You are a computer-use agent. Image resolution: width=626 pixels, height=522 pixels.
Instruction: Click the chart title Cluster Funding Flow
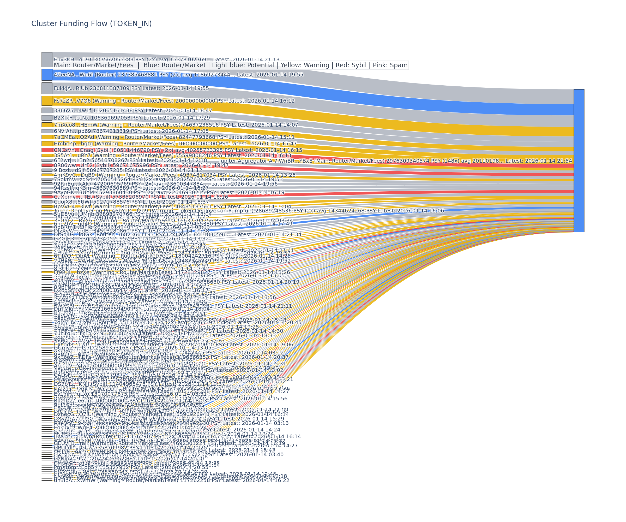(x=91, y=23)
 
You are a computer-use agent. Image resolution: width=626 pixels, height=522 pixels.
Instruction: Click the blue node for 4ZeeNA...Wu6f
(x=47, y=75)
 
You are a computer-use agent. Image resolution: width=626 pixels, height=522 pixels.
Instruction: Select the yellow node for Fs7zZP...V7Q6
(x=47, y=101)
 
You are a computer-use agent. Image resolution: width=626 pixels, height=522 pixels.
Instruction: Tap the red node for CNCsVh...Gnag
(x=47, y=150)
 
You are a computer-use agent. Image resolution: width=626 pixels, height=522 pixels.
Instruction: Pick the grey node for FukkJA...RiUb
(x=47, y=88)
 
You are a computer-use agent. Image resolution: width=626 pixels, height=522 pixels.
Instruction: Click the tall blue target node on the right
(x=579, y=161)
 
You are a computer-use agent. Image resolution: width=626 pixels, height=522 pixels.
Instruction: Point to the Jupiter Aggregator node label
(x=395, y=161)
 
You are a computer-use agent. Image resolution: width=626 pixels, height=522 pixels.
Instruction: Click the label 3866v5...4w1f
(x=133, y=110)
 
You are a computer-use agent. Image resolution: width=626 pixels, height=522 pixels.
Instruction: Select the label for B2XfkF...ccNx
(x=131, y=118)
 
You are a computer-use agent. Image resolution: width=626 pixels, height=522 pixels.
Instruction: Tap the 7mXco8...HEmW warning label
(x=176, y=125)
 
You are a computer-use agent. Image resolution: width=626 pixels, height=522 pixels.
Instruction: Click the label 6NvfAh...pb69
(x=131, y=131)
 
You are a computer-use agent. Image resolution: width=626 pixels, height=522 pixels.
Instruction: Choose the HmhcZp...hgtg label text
(x=175, y=144)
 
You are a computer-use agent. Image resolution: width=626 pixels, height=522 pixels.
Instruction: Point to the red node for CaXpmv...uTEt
(x=47, y=197)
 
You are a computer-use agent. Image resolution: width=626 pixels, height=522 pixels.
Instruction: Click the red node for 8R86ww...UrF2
(x=47, y=165)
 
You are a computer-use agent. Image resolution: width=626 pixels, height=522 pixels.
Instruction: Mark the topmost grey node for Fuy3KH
(x=47, y=59)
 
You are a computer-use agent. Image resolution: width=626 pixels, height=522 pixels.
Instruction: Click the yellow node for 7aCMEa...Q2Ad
(x=47, y=137)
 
